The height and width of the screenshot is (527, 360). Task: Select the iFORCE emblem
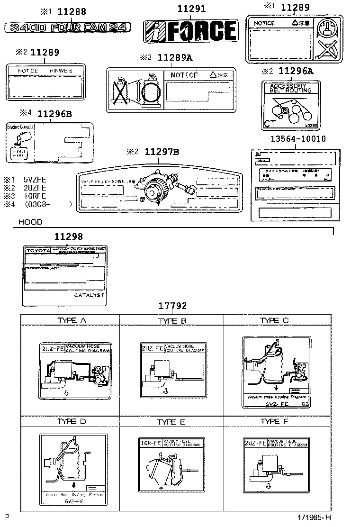click(190, 31)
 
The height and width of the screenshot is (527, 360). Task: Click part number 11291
click(191, 9)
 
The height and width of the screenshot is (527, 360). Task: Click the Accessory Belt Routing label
click(291, 105)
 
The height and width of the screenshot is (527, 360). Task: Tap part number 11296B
click(54, 114)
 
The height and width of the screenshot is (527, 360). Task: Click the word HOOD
click(30, 222)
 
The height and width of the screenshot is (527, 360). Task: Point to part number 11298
click(68, 236)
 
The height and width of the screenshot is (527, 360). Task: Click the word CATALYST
click(90, 295)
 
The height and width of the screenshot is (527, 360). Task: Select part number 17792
click(172, 306)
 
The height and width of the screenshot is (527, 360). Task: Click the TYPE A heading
click(72, 321)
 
